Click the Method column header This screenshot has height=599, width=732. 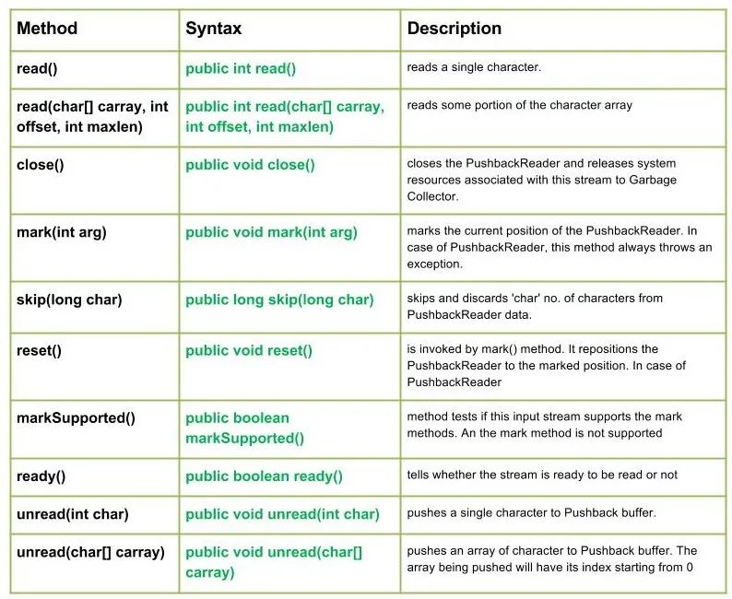click(x=47, y=29)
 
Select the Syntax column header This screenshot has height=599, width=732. click(x=213, y=29)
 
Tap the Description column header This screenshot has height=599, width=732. click(x=454, y=29)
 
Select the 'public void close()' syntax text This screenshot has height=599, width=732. click(x=250, y=164)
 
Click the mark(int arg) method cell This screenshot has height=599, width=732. click(x=62, y=232)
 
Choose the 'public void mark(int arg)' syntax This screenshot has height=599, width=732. click(x=271, y=232)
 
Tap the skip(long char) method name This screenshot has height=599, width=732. click(x=69, y=299)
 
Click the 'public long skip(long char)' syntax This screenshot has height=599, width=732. click(x=279, y=299)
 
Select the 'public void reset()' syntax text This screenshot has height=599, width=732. click(x=249, y=350)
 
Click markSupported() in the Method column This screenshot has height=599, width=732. click(x=76, y=417)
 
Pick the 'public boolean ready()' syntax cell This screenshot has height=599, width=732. click(x=264, y=476)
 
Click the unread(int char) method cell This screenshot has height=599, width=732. click(x=73, y=514)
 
